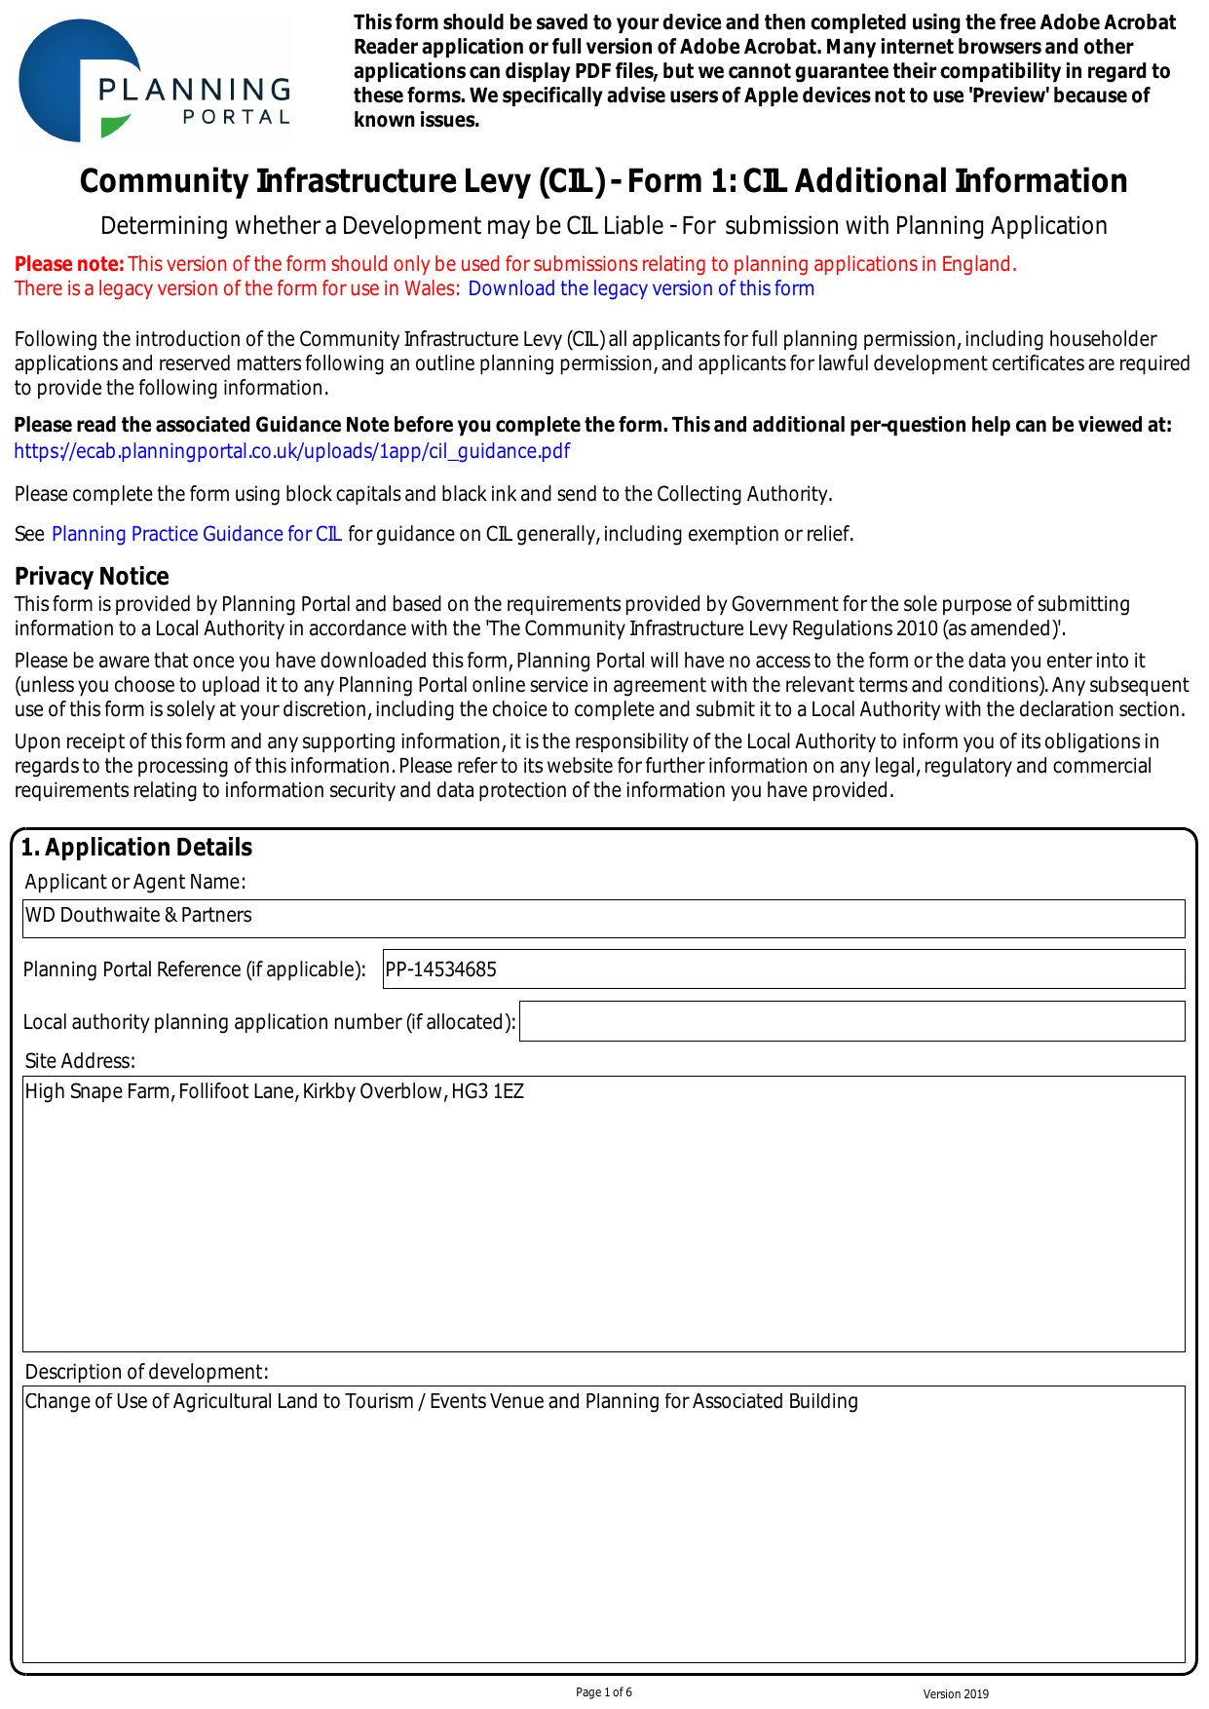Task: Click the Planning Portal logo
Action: [x=154, y=82]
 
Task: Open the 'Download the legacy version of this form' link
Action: [x=640, y=288]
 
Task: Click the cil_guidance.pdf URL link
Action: [x=291, y=451]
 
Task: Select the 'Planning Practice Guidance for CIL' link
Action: [x=196, y=534]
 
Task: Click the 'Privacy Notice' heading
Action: [x=92, y=576]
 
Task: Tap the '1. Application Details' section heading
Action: [x=136, y=848]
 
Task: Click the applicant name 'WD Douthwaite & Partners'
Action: [x=138, y=915]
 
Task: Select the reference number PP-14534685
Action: [x=441, y=969]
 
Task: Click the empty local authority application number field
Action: [x=851, y=1021]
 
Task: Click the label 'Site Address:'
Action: [x=80, y=1061]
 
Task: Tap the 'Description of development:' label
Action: [x=146, y=1372]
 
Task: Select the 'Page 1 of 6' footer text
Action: [x=604, y=1692]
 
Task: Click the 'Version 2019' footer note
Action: [x=956, y=1694]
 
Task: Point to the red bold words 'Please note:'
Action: [x=69, y=264]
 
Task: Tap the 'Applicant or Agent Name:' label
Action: [x=135, y=882]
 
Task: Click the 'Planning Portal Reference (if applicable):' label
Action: [x=194, y=969]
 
